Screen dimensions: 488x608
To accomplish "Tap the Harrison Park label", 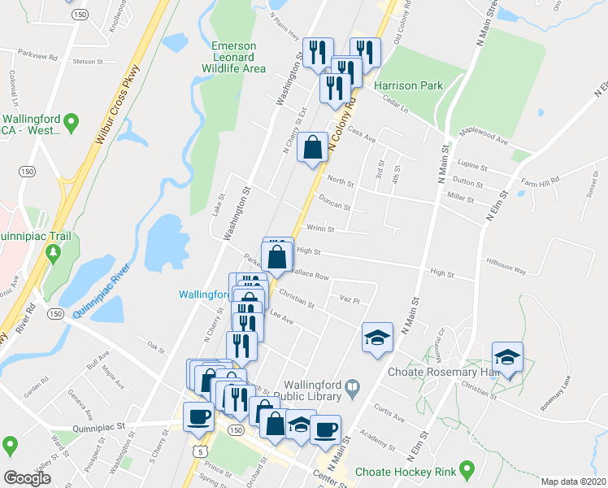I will pyautogui.click(x=409, y=85).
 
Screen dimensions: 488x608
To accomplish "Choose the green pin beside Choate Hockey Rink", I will pyautogui.click(x=467, y=469).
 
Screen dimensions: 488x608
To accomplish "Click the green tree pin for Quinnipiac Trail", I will pyautogui.click(x=54, y=255).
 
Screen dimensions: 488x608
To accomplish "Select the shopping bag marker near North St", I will pyautogui.click(x=312, y=148).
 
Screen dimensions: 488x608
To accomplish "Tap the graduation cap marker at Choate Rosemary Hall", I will pyautogui.click(x=507, y=358).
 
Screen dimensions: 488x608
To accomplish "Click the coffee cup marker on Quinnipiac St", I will pyautogui.click(x=199, y=418).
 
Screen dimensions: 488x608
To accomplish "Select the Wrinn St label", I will pyautogui.click(x=319, y=229).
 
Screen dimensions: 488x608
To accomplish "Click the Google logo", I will pyautogui.click(x=28, y=478).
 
